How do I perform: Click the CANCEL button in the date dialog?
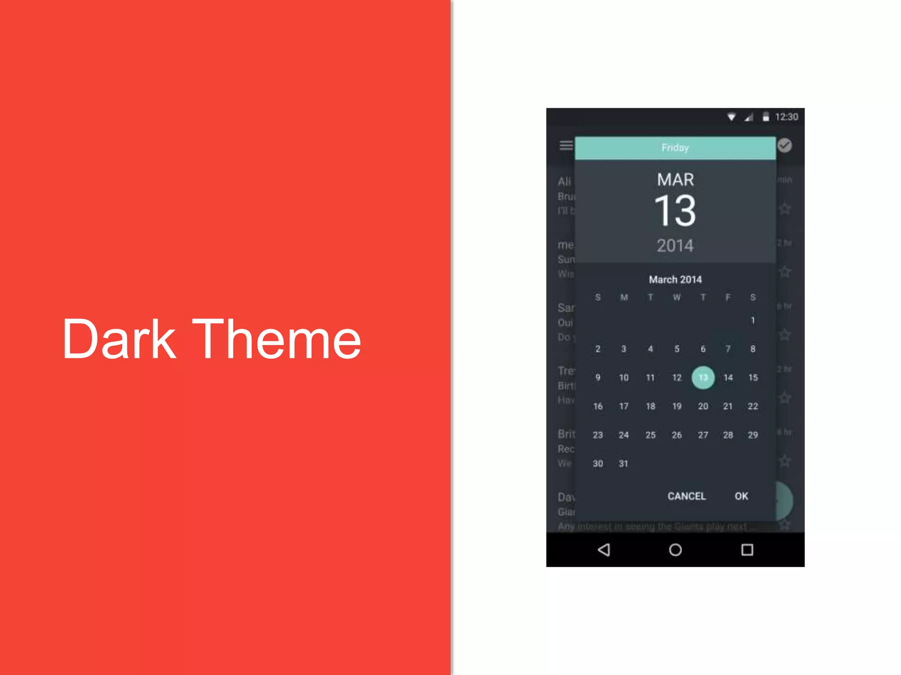pyautogui.click(x=686, y=496)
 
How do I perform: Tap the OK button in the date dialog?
pyautogui.click(x=741, y=496)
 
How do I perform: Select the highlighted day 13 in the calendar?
pyautogui.click(x=703, y=377)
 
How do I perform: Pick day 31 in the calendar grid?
pyautogui.click(x=623, y=464)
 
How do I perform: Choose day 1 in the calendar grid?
pyautogui.click(x=753, y=320)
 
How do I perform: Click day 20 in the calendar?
pyautogui.click(x=703, y=406)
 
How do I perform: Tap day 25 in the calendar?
pyautogui.click(x=650, y=435)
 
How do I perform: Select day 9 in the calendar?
pyautogui.click(x=598, y=377)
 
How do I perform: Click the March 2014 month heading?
pyautogui.click(x=675, y=279)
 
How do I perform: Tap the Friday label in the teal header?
pyautogui.click(x=675, y=148)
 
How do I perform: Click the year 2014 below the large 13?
pyautogui.click(x=675, y=246)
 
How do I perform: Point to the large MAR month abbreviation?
pyautogui.click(x=675, y=180)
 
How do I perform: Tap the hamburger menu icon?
pyautogui.click(x=566, y=145)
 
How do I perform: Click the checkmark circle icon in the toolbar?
pyautogui.click(x=784, y=145)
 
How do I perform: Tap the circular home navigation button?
pyautogui.click(x=675, y=550)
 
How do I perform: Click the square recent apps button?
pyautogui.click(x=747, y=550)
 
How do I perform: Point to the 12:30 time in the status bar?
pyautogui.click(x=787, y=117)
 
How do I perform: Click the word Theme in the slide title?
pyautogui.click(x=277, y=339)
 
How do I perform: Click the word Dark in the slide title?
pyautogui.click(x=119, y=339)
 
